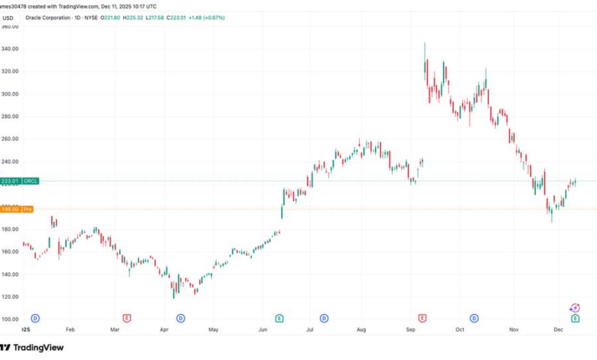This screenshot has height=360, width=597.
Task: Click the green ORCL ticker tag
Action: [31, 181]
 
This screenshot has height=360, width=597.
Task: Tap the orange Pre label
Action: [27, 208]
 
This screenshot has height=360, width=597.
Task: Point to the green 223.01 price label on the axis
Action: [10, 181]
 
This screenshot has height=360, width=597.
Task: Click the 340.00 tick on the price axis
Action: [10, 48]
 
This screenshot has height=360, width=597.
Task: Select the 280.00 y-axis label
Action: [10, 116]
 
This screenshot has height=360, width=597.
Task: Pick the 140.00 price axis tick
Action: [10, 274]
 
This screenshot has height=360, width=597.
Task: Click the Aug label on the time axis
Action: [361, 329]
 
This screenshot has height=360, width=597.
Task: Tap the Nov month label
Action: [514, 329]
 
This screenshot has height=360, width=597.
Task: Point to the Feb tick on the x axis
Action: [70, 329]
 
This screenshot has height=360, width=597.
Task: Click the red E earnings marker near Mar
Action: [127, 317]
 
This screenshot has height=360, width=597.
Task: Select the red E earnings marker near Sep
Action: [422, 317]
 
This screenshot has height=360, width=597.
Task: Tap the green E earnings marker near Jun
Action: [280, 317]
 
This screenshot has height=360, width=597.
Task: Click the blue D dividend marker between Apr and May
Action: [181, 317]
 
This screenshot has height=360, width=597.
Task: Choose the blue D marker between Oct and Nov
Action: [474, 317]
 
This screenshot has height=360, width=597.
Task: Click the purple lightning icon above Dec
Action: [575, 308]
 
